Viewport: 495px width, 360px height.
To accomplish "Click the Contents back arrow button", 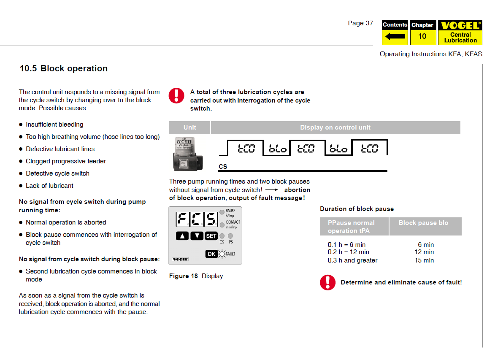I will [395, 36].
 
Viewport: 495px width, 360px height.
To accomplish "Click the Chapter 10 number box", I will [422, 36].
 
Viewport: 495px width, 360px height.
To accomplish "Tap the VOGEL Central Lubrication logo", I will [460, 32].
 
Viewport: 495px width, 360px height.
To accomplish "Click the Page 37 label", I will [360, 23].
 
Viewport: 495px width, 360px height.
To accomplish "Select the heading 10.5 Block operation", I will [64, 68].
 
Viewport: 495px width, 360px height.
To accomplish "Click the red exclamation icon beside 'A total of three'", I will [176, 95].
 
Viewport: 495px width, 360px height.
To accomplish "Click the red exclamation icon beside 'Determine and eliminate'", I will [327, 282].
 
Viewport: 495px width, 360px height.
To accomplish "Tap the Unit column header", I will [189, 127].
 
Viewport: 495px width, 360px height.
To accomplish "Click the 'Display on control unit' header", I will [335, 127].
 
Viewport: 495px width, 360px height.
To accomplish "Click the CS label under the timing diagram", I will [223, 167].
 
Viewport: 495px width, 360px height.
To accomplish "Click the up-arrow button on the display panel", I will [182, 236].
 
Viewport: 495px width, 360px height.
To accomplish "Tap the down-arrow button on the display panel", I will [197, 236].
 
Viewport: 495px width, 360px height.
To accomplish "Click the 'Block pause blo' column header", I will [423, 223].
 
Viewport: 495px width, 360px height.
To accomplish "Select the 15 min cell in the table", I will [424, 260].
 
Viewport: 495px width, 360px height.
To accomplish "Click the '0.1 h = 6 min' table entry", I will [346, 245].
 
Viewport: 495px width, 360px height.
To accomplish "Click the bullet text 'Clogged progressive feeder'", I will [66, 161].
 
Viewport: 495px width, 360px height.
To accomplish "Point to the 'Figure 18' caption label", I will [183, 276].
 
